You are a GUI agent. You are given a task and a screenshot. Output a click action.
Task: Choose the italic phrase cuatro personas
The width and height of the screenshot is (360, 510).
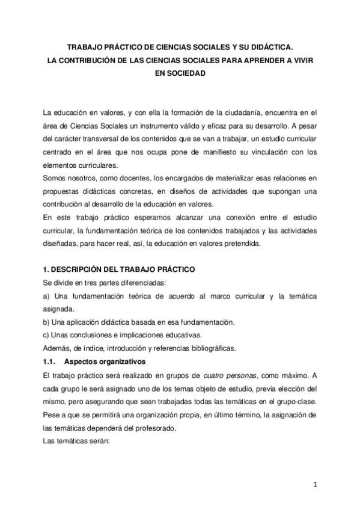coord(228,376)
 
